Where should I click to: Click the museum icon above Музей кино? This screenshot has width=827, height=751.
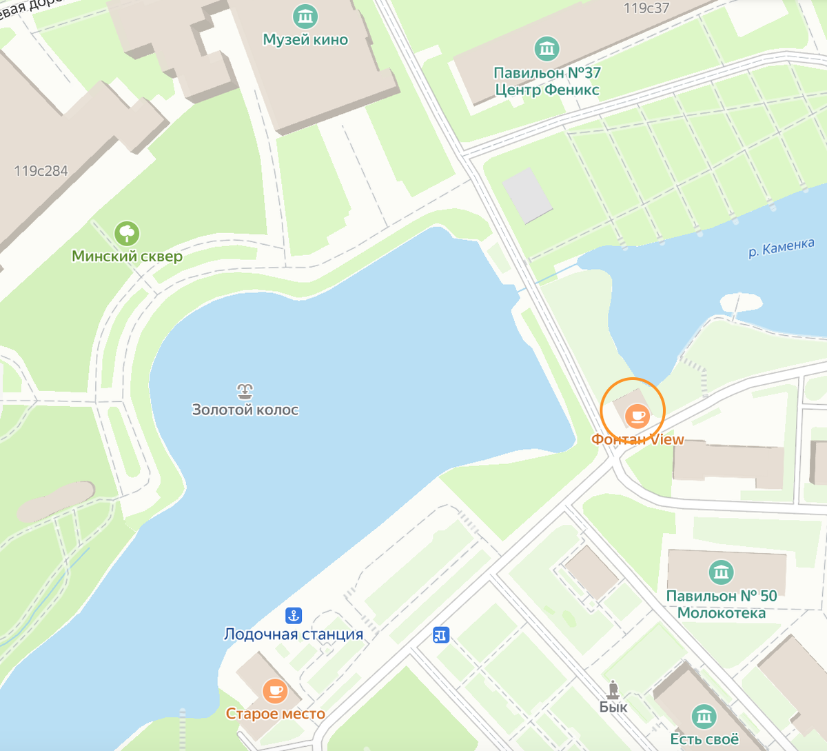(x=305, y=16)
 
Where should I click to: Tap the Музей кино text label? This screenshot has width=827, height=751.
(x=305, y=40)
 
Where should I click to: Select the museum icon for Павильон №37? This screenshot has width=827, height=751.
(x=547, y=49)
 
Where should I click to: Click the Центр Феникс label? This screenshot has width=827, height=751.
(x=547, y=90)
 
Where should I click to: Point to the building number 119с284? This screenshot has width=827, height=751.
(x=41, y=171)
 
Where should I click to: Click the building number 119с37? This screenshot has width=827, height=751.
(x=646, y=8)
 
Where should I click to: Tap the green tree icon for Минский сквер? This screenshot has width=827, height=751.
(x=127, y=234)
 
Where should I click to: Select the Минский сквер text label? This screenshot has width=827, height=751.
(x=127, y=257)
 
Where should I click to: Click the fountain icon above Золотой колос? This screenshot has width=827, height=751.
(x=245, y=392)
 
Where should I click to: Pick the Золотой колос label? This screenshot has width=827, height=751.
(x=245, y=410)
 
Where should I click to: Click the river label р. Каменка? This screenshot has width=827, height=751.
(x=782, y=248)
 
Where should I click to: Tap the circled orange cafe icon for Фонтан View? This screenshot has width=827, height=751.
(x=635, y=415)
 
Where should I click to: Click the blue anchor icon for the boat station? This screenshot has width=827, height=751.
(x=294, y=616)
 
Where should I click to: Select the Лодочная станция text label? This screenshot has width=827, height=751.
(x=294, y=634)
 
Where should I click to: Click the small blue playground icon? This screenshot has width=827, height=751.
(x=441, y=634)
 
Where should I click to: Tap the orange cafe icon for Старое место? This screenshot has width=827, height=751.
(x=275, y=690)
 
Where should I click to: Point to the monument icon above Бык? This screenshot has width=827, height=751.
(x=613, y=689)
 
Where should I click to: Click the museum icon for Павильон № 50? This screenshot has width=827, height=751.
(x=721, y=572)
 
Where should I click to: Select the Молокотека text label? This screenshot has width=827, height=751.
(x=721, y=613)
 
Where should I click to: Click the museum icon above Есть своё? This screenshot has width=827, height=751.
(x=704, y=717)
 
